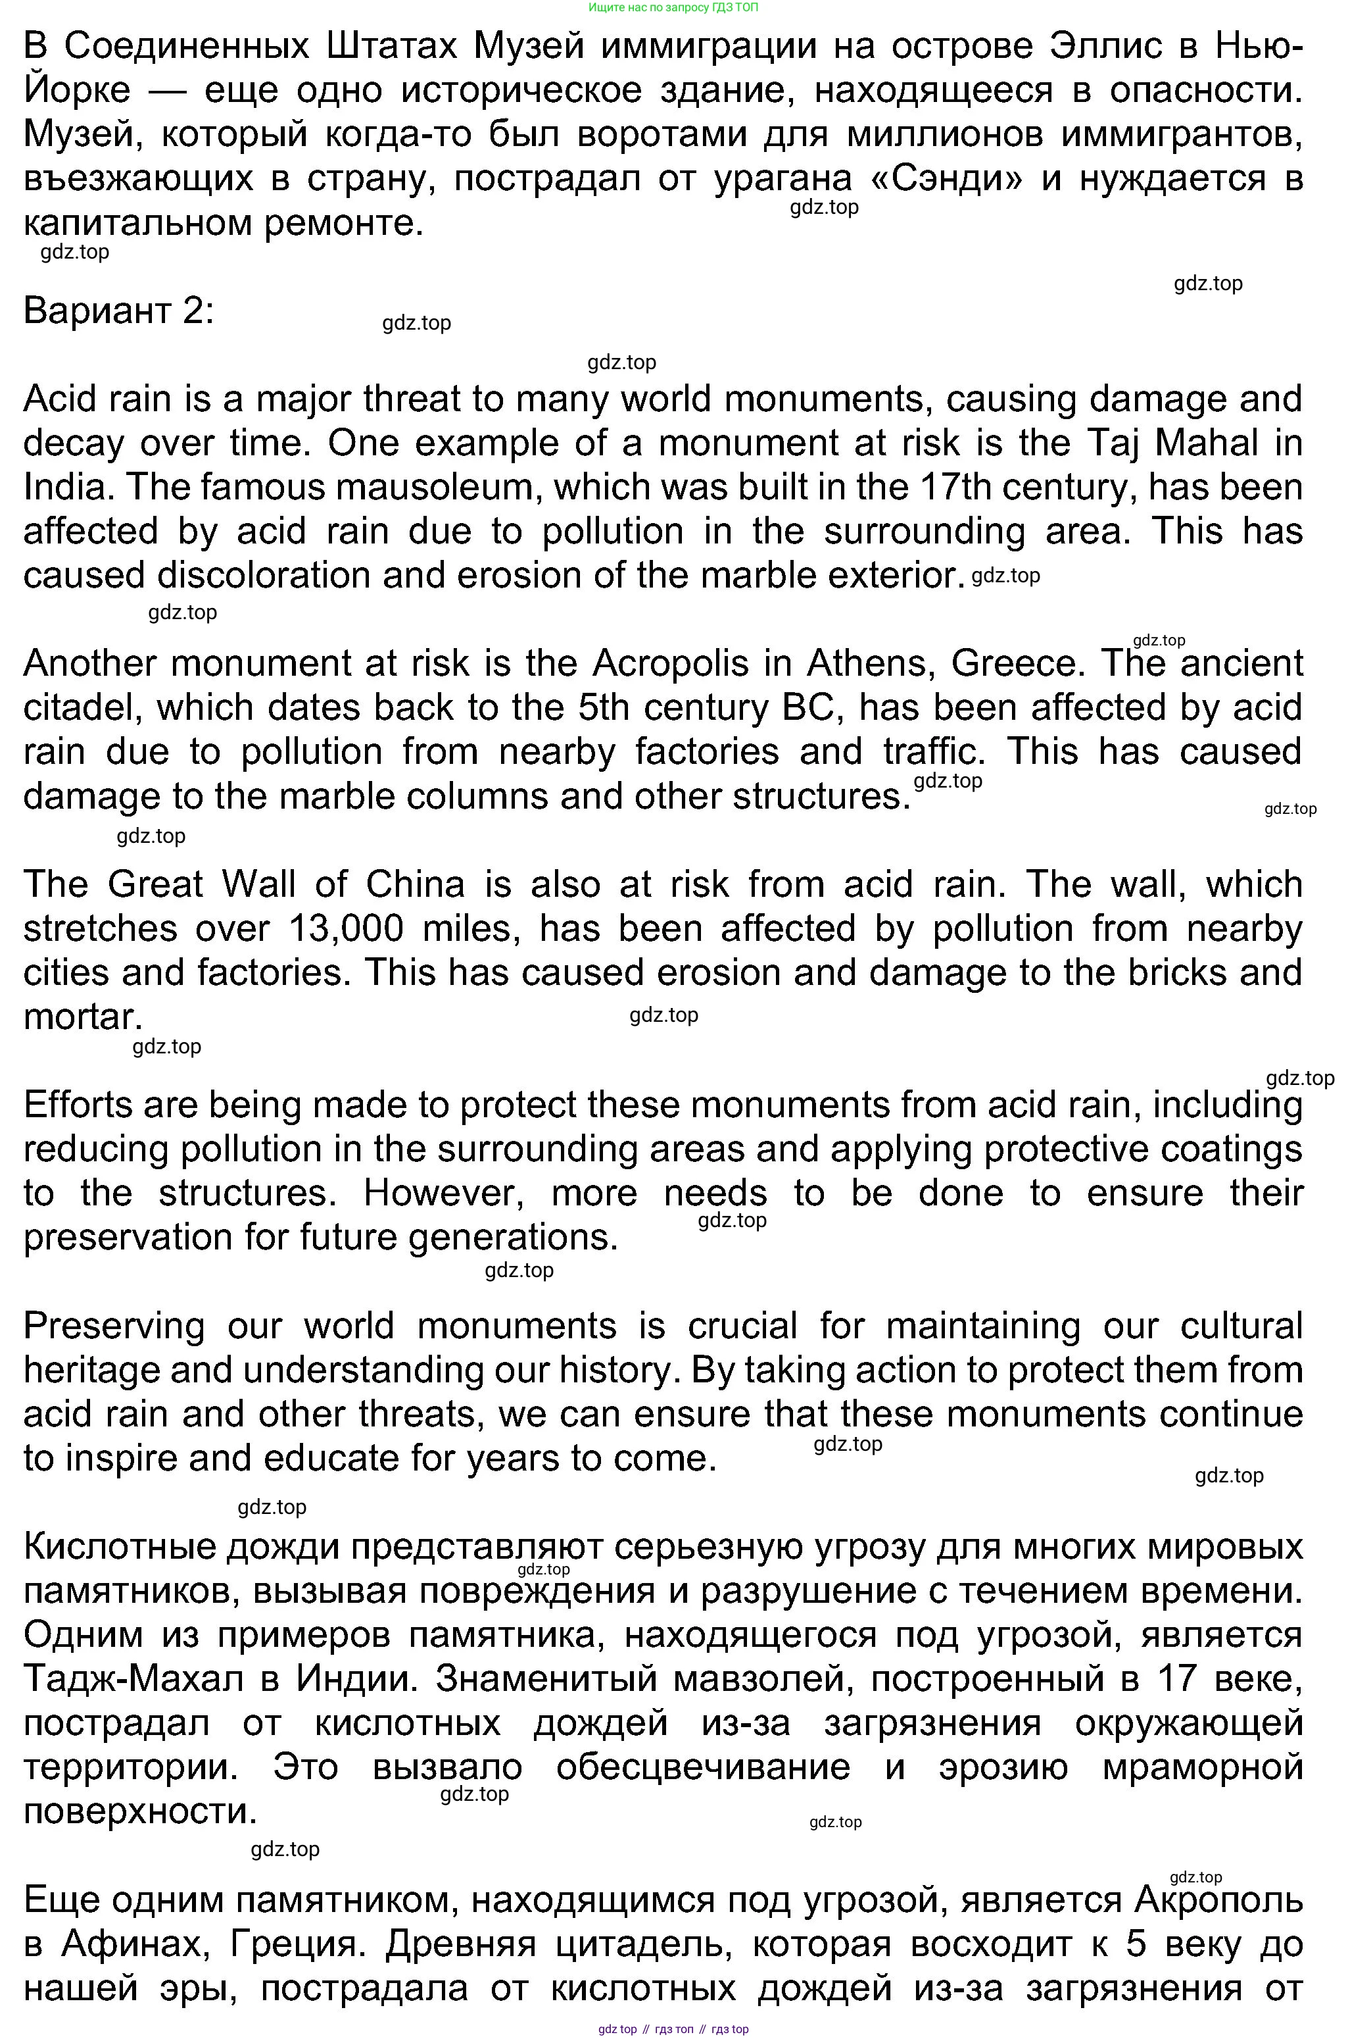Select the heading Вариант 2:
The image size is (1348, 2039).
pyautogui.click(x=118, y=311)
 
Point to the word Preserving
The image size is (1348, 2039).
pyautogui.click(x=114, y=1326)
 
